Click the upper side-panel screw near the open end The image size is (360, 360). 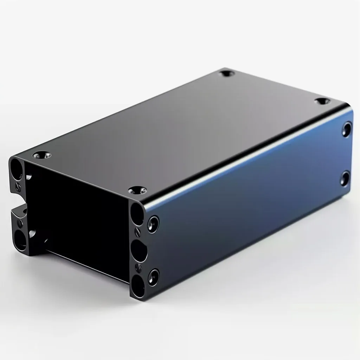point(153,224)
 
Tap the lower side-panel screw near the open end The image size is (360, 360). point(153,276)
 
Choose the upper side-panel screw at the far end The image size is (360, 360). point(347,129)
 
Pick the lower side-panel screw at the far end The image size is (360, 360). point(345,179)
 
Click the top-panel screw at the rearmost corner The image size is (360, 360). point(226,74)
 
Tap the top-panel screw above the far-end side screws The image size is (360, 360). point(322,102)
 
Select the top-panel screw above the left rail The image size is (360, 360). point(42,155)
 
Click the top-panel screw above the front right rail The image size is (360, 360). point(137,191)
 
